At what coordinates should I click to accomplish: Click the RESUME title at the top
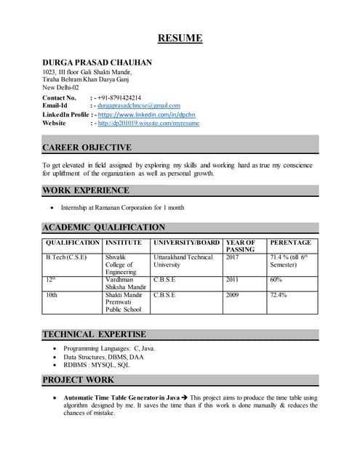(180, 39)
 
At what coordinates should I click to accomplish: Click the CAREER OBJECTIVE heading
(87, 147)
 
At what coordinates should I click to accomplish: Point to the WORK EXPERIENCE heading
(86, 190)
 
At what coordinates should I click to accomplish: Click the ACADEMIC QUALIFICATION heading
(104, 227)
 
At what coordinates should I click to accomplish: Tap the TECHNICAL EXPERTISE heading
(95, 334)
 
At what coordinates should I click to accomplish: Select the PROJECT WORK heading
(79, 380)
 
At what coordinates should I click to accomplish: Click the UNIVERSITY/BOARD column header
(186, 242)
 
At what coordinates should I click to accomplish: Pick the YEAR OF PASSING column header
(241, 246)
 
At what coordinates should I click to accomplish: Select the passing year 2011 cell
(233, 278)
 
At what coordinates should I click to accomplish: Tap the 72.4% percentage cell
(279, 296)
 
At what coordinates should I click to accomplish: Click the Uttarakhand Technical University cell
(183, 261)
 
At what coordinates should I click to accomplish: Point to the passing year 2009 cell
(233, 296)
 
